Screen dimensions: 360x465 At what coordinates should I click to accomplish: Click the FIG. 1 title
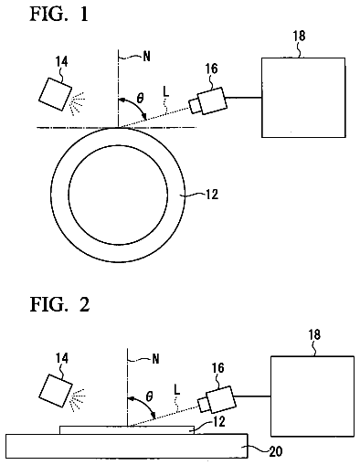click(58, 14)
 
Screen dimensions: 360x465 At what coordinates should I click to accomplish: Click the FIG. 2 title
click(59, 304)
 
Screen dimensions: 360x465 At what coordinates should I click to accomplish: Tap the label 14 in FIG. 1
click(61, 62)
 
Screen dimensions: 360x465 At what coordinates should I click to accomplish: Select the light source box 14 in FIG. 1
click(55, 94)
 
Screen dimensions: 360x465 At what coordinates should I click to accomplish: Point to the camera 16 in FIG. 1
click(208, 101)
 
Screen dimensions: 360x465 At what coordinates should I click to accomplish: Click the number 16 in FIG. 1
click(211, 69)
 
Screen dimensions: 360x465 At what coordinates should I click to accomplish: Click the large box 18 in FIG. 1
click(303, 98)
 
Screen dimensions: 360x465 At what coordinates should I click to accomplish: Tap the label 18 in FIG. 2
click(314, 334)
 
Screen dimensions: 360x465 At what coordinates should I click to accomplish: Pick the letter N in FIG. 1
click(146, 57)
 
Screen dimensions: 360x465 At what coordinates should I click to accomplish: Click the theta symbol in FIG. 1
click(140, 99)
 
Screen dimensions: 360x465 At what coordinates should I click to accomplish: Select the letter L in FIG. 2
click(176, 389)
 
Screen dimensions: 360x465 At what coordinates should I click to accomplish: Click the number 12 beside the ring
click(212, 195)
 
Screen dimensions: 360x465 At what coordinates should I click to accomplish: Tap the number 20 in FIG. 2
click(276, 451)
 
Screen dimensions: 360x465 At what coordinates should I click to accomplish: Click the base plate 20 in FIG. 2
click(127, 446)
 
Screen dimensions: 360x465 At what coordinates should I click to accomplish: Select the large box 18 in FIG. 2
click(312, 396)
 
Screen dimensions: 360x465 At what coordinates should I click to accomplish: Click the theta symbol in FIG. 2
click(149, 396)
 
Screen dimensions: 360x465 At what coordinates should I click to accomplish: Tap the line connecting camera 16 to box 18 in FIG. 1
click(243, 98)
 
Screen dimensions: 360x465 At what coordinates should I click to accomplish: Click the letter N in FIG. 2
click(155, 359)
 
